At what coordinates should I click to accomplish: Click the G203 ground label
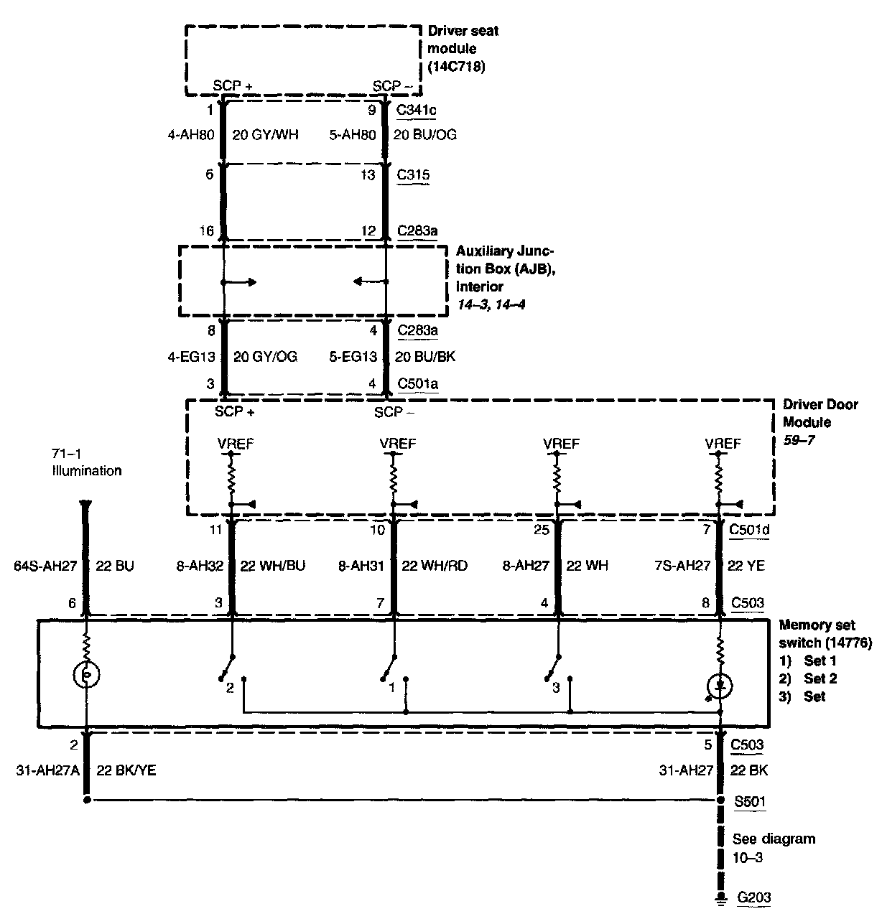pyautogui.click(x=753, y=897)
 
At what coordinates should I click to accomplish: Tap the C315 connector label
pyautogui.click(x=413, y=174)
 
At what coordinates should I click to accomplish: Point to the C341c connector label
pyautogui.click(x=417, y=111)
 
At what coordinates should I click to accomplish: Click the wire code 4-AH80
pyautogui.click(x=191, y=134)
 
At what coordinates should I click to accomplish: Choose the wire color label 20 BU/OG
pyautogui.click(x=424, y=134)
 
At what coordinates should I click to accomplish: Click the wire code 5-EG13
pyautogui.click(x=353, y=357)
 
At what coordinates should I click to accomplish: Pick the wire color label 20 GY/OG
pyautogui.click(x=265, y=357)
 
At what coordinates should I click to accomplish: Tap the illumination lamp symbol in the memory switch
pyautogui.click(x=86, y=674)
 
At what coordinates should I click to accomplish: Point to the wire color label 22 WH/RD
pyautogui.click(x=435, y=566)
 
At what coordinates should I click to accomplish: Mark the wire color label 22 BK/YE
pyautogui.click(x=126, y=770)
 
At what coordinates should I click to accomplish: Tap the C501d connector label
pyautogui.click(x=747, y=530)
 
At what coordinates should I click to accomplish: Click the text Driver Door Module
pyautogui.click(x=820, y=414)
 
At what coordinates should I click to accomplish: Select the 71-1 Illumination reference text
pyautogui.click(x=86, y=462)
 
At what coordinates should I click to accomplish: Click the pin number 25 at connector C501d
pyautogui.click(x=542, y=530)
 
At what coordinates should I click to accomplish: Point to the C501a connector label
pyautogui.click(x=418, y=384)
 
